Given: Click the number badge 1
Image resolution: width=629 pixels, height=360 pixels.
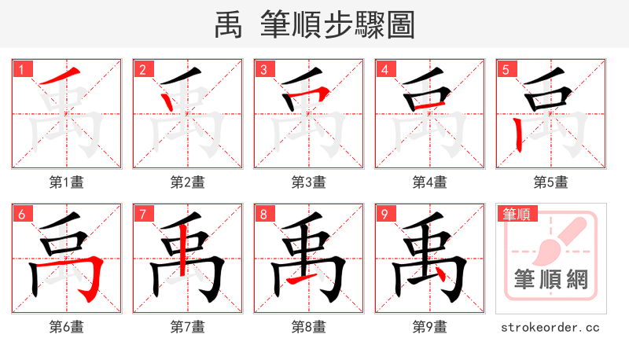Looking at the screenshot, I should (21, 70).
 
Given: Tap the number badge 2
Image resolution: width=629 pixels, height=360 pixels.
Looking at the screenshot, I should (142, 70).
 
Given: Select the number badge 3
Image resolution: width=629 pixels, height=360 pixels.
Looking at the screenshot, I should (263, 70).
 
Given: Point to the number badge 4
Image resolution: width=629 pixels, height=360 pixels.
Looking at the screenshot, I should (384, 70).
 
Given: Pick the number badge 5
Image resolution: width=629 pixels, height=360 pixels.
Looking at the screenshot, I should (506, 70).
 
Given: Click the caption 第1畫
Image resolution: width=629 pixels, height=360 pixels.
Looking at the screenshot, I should (67, 182).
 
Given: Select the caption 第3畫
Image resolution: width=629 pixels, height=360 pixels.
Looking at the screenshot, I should (309, 182).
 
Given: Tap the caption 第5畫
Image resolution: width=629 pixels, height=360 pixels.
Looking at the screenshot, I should (551, 182).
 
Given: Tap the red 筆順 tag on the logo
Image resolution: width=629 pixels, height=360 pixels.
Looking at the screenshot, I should (517, 214).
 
